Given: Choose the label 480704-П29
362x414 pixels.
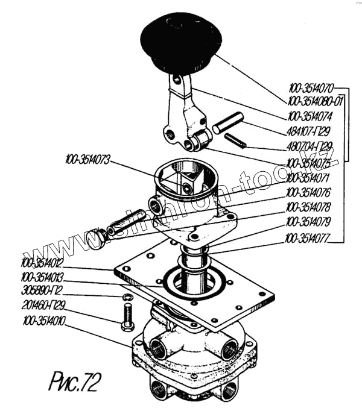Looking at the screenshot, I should pos(309,146).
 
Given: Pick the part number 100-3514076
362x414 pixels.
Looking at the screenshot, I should pos(310,193).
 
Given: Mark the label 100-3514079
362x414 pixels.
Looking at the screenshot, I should pos(310,222).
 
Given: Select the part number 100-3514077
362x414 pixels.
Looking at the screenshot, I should pos(310,237).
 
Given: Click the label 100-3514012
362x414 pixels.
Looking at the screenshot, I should pos(42,263).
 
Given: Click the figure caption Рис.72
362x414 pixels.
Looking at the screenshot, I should pos(73,381).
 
